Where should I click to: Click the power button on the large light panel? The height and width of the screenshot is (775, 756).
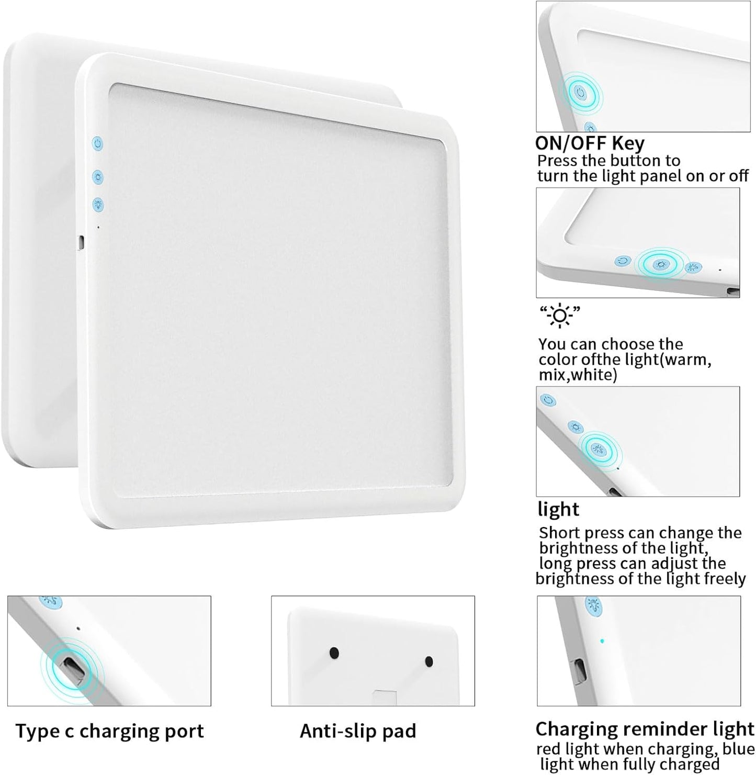coord(97,143)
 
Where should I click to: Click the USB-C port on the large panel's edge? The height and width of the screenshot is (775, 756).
coord(81,242)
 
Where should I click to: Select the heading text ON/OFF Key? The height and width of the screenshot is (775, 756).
coord(590,143)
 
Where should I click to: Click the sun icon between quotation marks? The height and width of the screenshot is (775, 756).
coord(560,316)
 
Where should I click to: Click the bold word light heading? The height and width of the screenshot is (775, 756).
coord(558,509)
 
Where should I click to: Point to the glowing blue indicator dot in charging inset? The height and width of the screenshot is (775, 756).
coord(602,641)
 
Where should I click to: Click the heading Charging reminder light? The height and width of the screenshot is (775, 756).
coord(645,729)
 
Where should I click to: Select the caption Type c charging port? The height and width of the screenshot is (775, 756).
coord(109,731)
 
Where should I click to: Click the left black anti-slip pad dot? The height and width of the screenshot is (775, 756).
coord(334,653)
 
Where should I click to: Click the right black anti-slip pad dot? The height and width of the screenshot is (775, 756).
coord(429,661)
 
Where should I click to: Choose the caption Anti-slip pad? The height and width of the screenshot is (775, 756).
coord(358,731)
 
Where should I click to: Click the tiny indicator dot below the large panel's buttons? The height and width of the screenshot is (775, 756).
coord(98,227)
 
